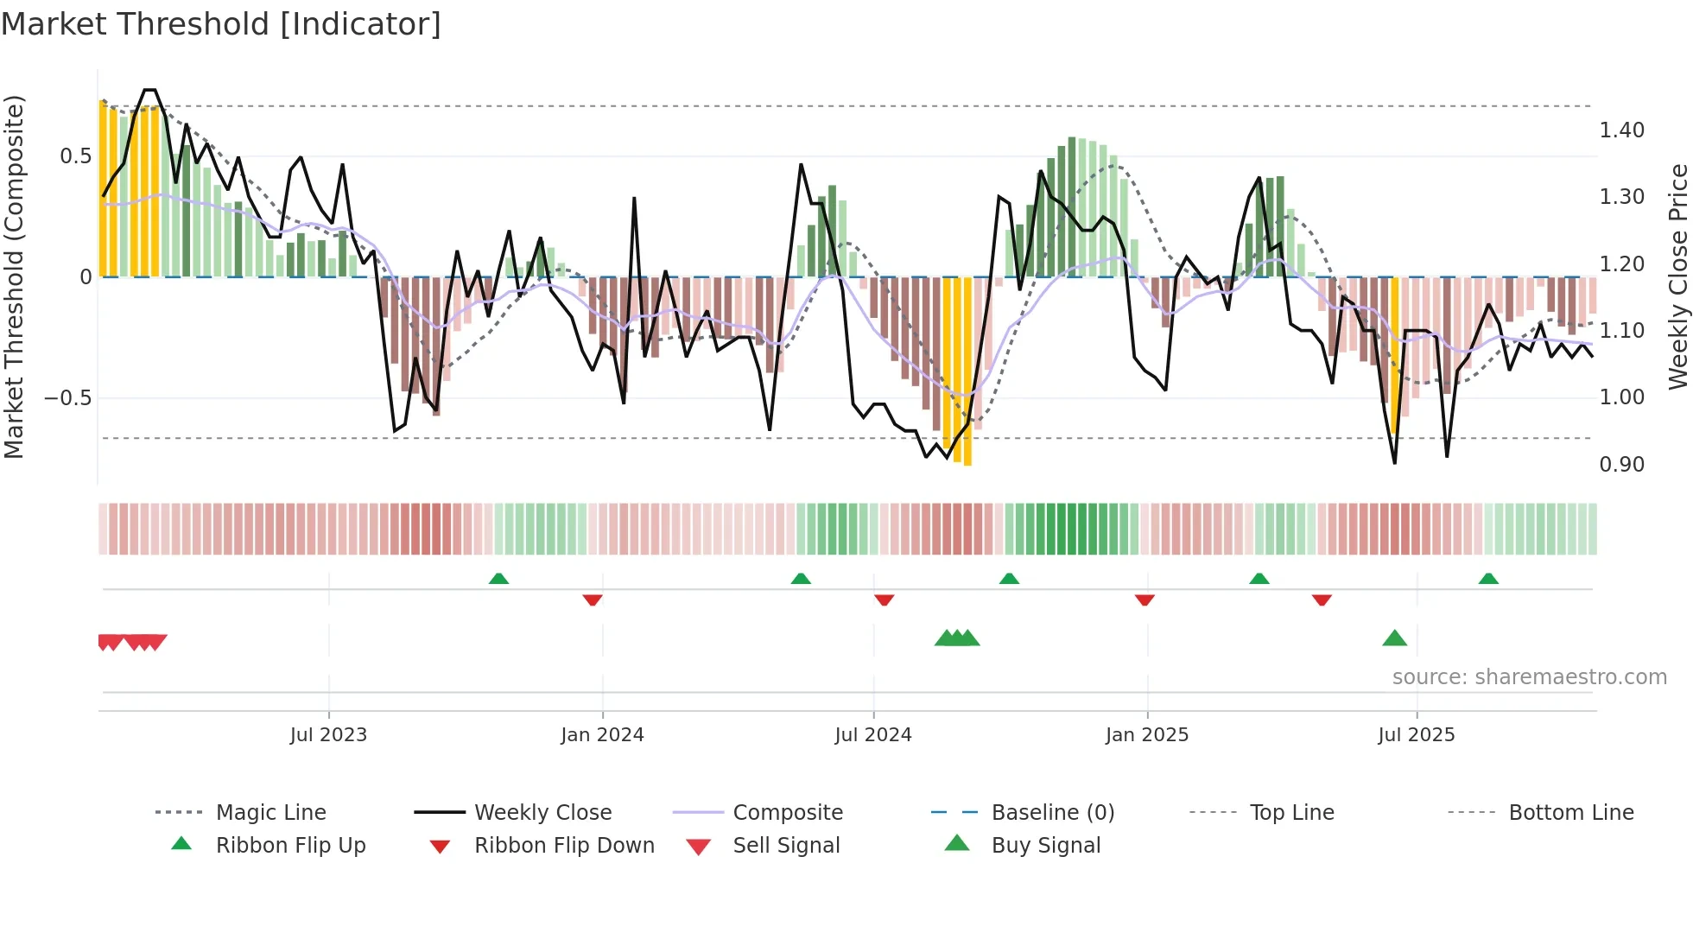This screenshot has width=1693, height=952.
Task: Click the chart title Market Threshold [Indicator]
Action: click(x=221, y=24)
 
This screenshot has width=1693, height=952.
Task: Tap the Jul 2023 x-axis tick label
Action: click(x=328, y=734)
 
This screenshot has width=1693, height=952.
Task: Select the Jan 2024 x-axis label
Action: click(x=602, y=734)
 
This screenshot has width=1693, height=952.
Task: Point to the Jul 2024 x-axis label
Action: click(x=872, y=734)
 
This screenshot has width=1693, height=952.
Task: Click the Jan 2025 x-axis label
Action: click(x=1147, y=734)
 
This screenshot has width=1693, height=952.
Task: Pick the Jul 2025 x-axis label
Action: click(x=1416, y=734)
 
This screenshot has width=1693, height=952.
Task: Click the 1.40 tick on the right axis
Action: click(x=1621, y=130)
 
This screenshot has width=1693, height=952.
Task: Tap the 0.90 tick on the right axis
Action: click(x=1621, y=465)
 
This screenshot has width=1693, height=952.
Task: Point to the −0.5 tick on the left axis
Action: click(x=67, y=398)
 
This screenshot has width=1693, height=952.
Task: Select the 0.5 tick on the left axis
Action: click(x=75, y=156)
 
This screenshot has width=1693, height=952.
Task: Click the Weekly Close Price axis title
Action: click(x=1677, y=276)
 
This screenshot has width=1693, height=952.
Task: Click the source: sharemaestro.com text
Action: click(x=1529, y=677)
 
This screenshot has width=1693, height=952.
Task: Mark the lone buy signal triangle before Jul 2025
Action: click(x=1394, y=638)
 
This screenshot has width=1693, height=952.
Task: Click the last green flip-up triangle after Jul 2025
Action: click(x=1488, y=579)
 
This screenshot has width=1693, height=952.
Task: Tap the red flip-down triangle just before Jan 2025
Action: click(x=1145, y=600)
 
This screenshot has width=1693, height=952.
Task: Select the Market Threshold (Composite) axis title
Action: click(x=14, y=276)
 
